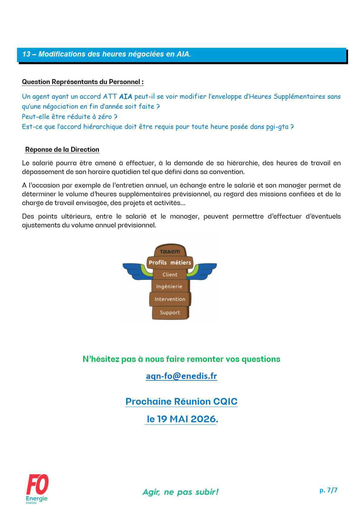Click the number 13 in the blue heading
[x=26, y=54]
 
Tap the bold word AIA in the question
[x=126, y=97]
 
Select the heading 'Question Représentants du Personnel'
[x=83, y=82]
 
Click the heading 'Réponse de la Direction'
[x=62, y=150]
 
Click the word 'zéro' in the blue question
[x=104, y=117]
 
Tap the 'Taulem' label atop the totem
[x=170, y=251]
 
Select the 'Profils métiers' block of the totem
[x=170, y=262]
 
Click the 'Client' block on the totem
[x=170, y=274]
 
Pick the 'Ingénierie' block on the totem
[x=169, y=286]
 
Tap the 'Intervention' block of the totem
[x=170, y=299]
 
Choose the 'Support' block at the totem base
[x=170, y=313]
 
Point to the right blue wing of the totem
[x=205, y=270]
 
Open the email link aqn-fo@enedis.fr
[x=181, y=376]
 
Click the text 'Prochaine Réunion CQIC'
[x=181, y=402]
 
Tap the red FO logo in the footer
[x=37, y=486]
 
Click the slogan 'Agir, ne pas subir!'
[x=180, y=492]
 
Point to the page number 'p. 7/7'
[x=328, y=490]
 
